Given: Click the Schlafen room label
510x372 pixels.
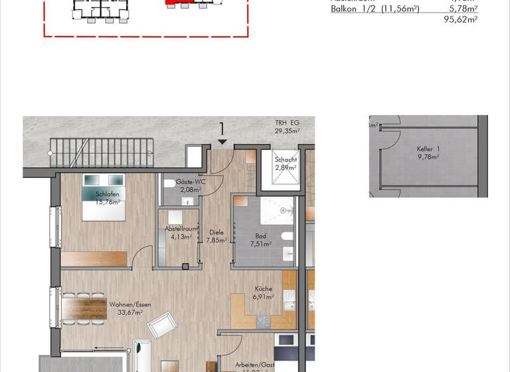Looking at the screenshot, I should [108, 194].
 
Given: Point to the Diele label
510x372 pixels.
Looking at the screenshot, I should [216, 232].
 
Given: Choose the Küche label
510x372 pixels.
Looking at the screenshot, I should [264, 289].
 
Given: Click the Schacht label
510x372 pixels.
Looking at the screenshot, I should [286, 160].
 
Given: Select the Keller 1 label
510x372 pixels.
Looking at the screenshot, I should [428, 149].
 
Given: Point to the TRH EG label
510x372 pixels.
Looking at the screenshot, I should [288, 124].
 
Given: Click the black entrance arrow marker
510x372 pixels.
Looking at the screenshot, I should [221, 141].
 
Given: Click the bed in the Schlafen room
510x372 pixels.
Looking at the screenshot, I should [103, 197].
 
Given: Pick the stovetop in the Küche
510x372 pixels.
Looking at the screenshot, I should [264, 322].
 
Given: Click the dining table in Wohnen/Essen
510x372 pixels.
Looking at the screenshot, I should [86, 309].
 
